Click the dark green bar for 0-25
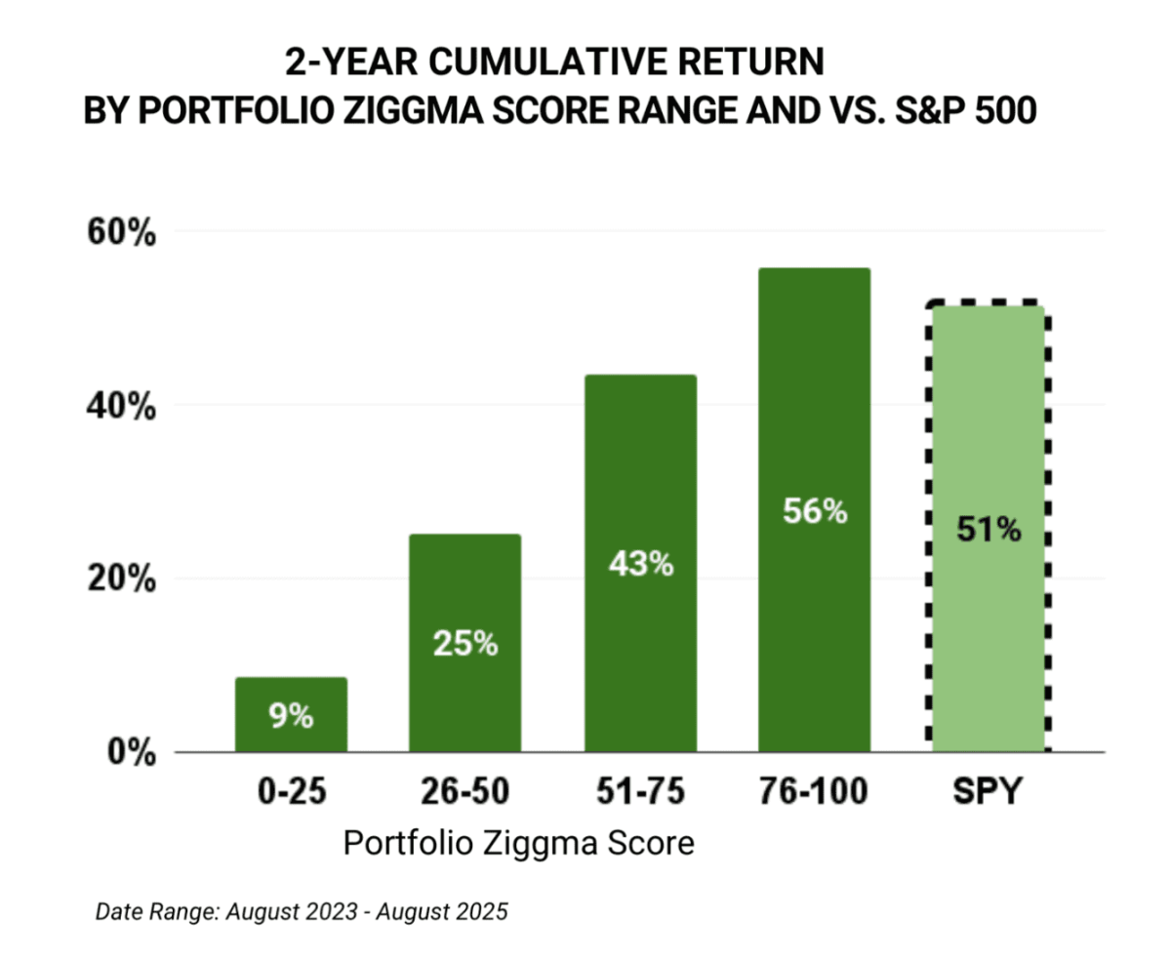pos(291,714)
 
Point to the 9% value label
pos(291,717)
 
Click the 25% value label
pos(464,644)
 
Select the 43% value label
pos(640,564)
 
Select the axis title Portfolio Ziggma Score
pos(518,842)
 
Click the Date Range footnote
pos(302,913)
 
